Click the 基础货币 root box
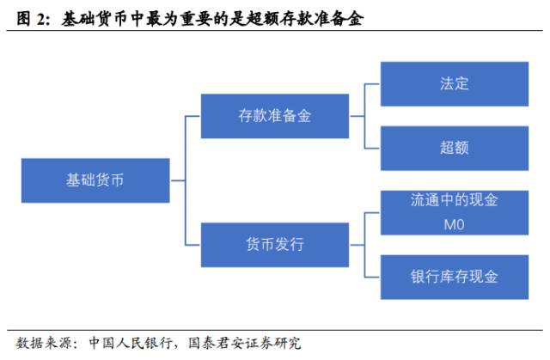click(x=95, y=180)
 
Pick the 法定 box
click(x=454, y=83)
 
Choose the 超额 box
click(x=454, y=147)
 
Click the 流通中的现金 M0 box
click(x=454, y=212)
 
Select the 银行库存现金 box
click(x=454, y=277)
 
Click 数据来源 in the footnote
click(x=42, y=343)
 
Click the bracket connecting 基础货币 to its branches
click(x=185, y=180)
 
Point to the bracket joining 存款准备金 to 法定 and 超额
click(x=364, y=115)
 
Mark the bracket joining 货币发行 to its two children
click(x=364, y=245)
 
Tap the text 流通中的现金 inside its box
click(x=454, y=201)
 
